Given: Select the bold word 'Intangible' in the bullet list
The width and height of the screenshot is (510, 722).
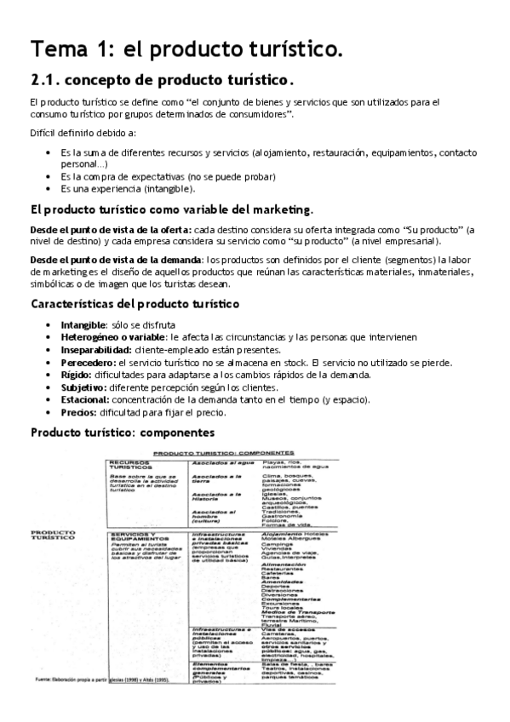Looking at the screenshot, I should (x=83, y=325).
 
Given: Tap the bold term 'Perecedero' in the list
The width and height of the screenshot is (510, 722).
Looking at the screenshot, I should (x=86, y=363).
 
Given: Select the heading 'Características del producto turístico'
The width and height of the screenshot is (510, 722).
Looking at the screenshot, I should (x=135, y=305).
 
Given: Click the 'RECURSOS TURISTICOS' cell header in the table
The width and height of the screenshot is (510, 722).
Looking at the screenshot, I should (x=130, y=465).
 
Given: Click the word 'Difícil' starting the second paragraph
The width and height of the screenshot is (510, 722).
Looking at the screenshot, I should (x=43, y=133).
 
